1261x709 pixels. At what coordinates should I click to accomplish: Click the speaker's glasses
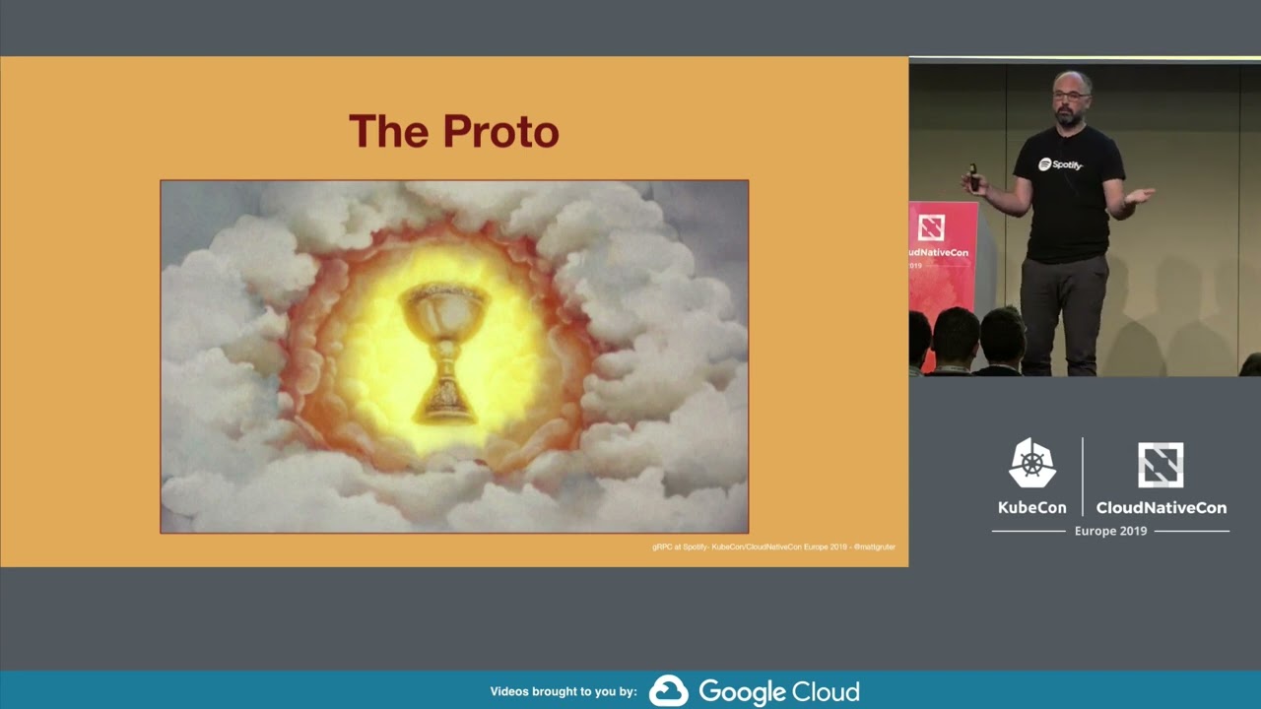[1069, 96]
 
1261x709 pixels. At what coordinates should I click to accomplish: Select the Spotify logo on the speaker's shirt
[1060, 164]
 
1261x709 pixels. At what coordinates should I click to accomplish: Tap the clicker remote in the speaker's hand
[973, 178]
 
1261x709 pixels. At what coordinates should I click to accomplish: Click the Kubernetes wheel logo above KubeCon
[1031, 464]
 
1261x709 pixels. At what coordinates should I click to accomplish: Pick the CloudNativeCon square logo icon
[1161, 465]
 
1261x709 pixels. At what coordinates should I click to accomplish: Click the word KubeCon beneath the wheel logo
[1031, 508]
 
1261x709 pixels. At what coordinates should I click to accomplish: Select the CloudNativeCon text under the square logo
[1161, 508]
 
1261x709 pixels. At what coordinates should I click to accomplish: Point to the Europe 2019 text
[1110, 531]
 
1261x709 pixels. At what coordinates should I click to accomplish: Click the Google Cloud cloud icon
[668, 691]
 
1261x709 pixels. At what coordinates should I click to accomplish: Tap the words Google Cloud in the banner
[779, 691]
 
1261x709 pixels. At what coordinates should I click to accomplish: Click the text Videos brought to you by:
[564, 692]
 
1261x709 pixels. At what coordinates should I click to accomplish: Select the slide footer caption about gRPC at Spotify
[773, 547]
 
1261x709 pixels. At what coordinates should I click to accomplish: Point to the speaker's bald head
[1071, 79]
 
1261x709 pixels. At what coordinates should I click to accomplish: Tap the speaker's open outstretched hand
[1140, 195]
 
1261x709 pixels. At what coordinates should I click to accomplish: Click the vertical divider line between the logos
[1083, 477]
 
